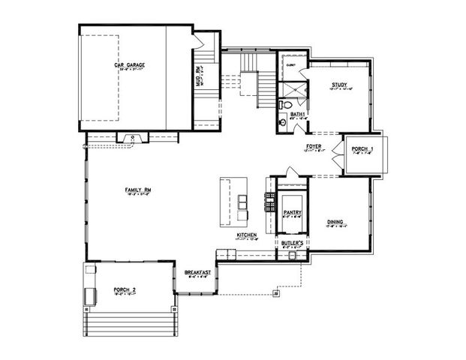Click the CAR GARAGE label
coord(129,65)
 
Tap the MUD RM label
coord(197,76)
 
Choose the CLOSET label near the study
coord(291,66)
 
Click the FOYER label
coord(314,145)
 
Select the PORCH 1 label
coord(362,148)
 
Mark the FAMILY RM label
coord(138,190)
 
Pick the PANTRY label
coord(292,212)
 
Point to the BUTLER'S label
coord(292,243)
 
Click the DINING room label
coord(335,222)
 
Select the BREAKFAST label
coord(197,272)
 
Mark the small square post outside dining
coord(277,294)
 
